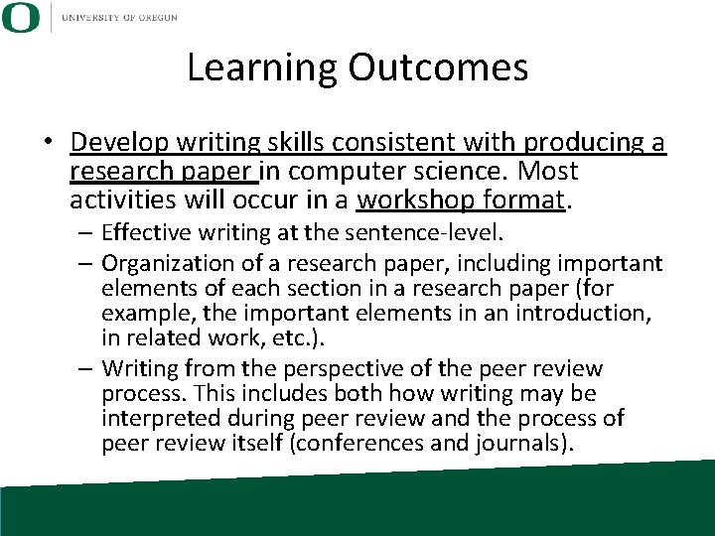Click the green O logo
pyautogui.click(x=21, y=17)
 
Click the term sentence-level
pyautogui.click(x=435, y=235)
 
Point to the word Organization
pyautogui.click(x=163, y=263)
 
